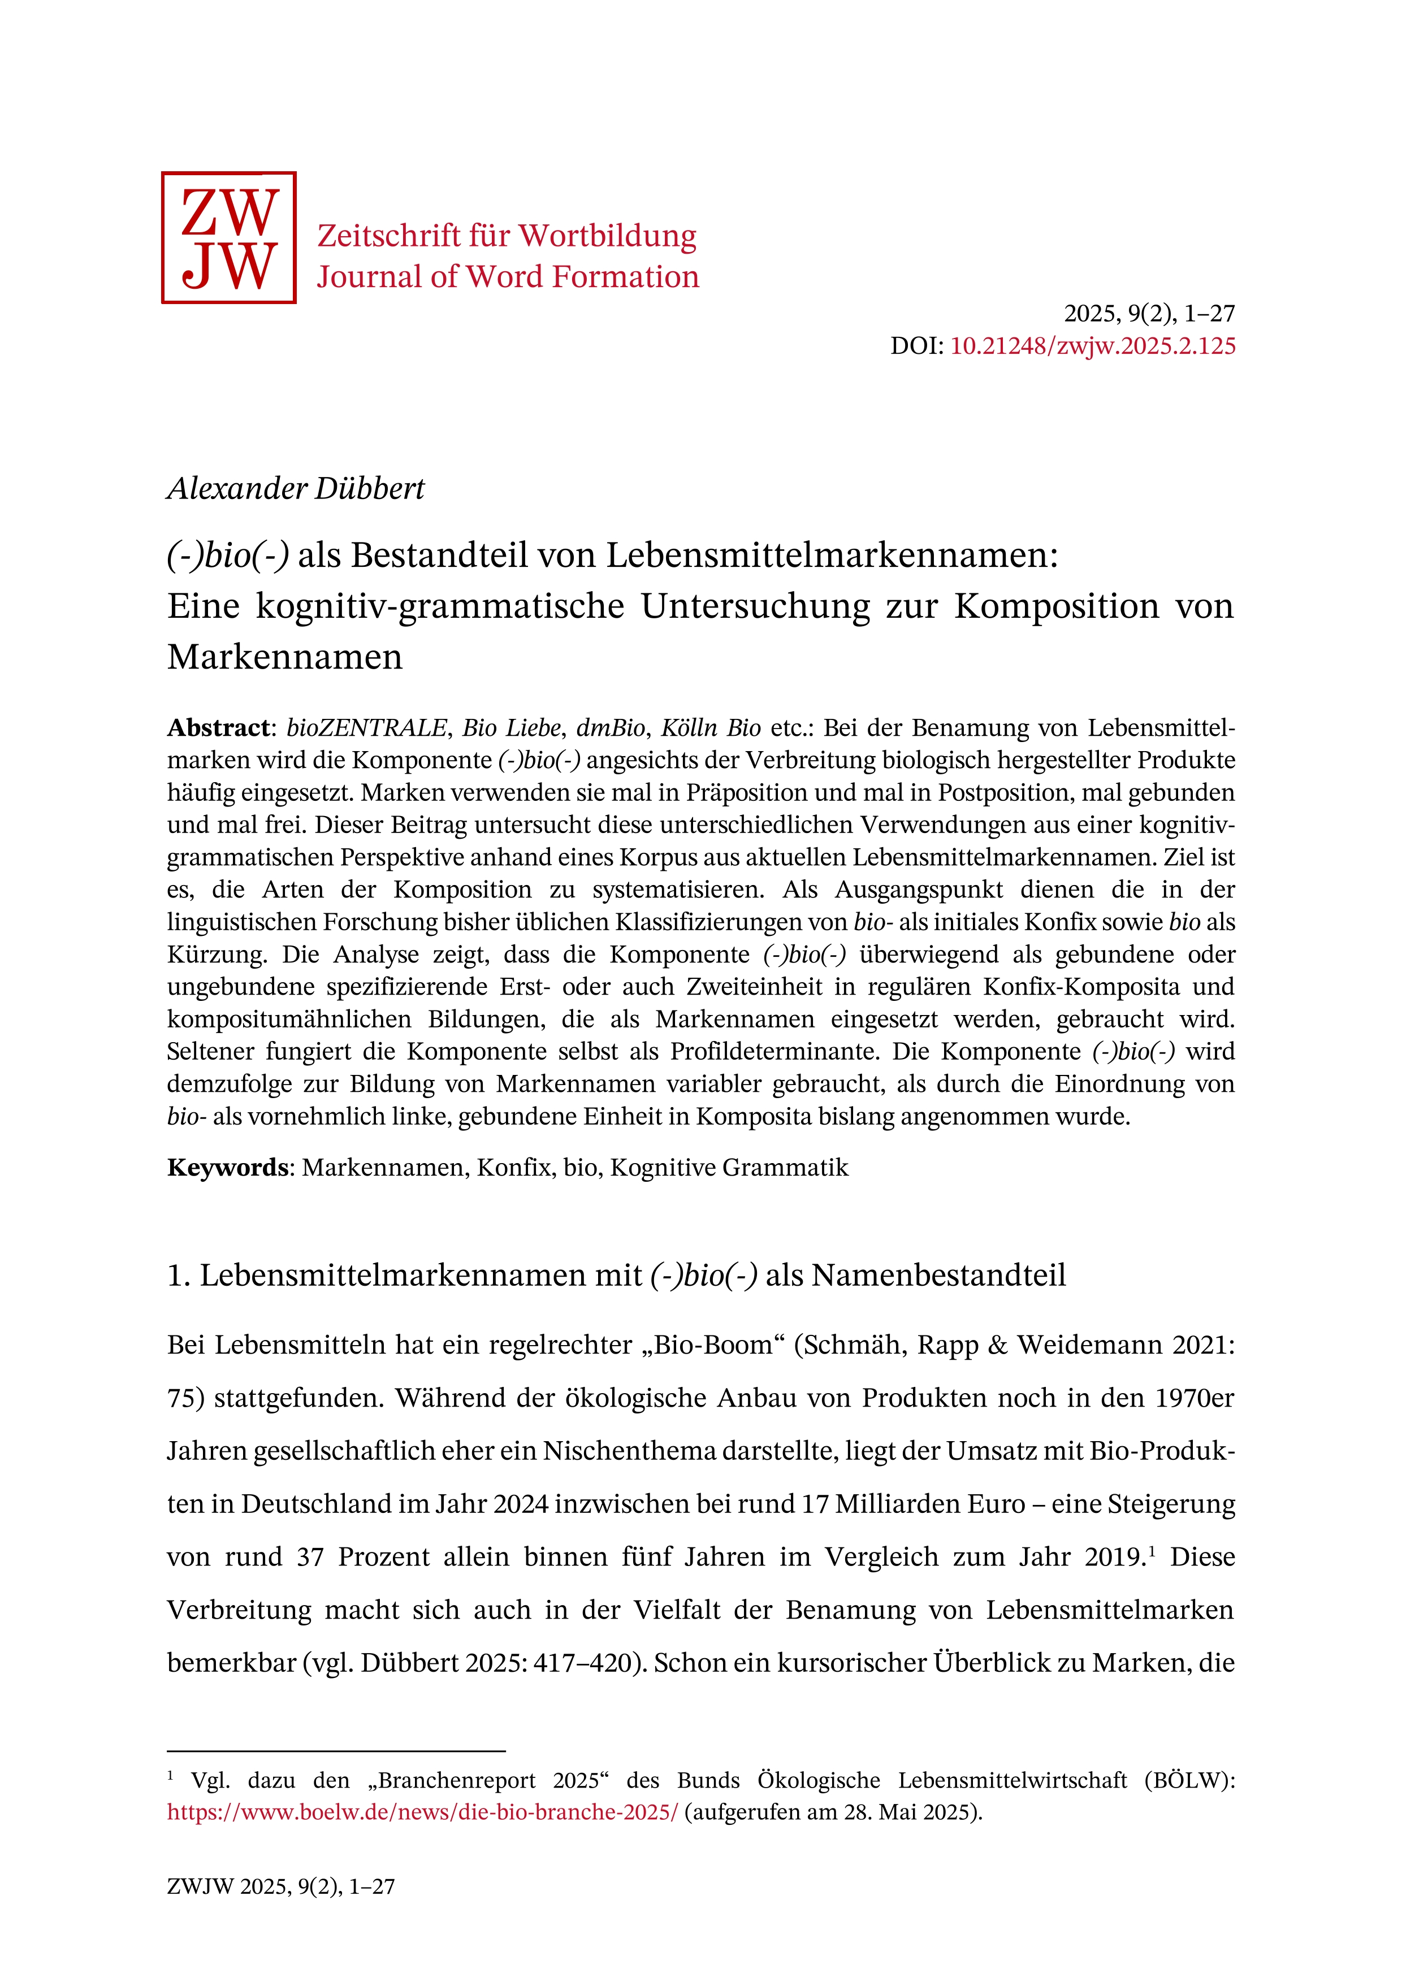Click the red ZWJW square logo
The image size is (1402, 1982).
click(x=229, y=237)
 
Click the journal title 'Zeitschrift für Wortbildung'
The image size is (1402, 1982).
click(x=507, y=236)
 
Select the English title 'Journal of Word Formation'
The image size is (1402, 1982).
click(x=508, y=277)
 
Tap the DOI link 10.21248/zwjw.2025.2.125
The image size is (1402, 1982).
click(x=1093, y=346)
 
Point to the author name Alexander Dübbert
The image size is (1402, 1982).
click(x=296, y=489)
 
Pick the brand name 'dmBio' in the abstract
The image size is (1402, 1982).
click(x=611, y=728)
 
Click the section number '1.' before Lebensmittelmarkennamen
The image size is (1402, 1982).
click(x=179, y=1275)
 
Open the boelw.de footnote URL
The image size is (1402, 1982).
click(x=423, y=1812)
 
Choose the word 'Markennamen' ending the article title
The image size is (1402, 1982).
click(x=285, y=657)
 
